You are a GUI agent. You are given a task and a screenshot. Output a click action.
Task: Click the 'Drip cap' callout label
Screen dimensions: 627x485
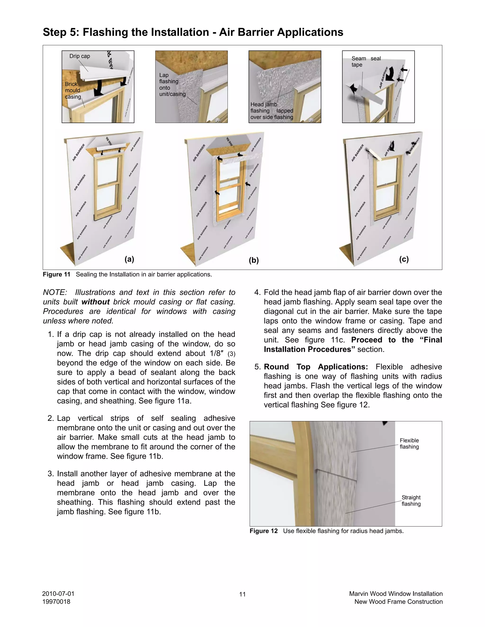[x=80, y=56]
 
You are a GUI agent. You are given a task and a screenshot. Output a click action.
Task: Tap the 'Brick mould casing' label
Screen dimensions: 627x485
[x=73, y=90]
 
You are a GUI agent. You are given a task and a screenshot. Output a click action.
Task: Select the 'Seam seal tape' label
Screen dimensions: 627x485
[x=366, y=62]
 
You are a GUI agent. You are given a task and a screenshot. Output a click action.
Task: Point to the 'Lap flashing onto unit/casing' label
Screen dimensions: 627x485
[x=172, y=84]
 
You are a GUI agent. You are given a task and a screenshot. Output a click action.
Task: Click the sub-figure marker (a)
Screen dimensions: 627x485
[x=129, y=259]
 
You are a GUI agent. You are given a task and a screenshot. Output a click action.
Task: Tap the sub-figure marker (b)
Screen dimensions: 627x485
[x=254, y=261]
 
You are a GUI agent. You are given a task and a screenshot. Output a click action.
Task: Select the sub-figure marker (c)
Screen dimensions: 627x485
[x=404, y=259]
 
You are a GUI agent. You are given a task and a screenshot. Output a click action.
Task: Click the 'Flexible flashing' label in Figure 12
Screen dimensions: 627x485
[x=409, y=444]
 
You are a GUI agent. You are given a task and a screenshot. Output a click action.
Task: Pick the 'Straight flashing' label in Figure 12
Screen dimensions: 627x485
[x=411, y=500]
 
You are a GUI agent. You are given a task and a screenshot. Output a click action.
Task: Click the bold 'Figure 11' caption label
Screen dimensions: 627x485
[x=57, y=274]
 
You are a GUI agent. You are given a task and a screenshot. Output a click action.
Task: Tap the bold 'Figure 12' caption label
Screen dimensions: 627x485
[x=264, y=531]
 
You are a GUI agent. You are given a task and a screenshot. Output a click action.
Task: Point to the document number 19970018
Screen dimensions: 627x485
[x=56, y=602]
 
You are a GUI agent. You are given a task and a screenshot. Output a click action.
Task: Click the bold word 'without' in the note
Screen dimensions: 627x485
[x=95, y=302]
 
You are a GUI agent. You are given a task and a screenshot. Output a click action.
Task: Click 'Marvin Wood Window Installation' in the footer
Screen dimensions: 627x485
[x=396, y=594]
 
